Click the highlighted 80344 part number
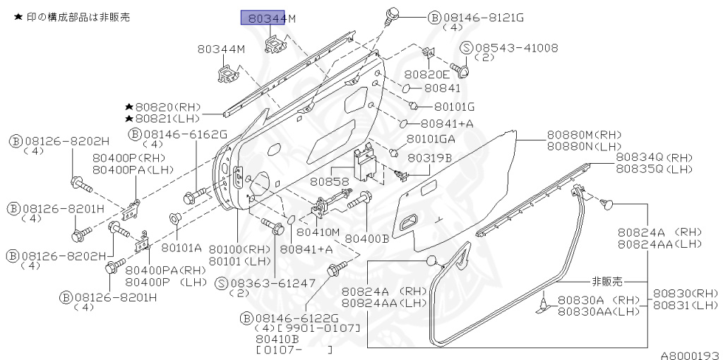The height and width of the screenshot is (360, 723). [x=263, y=19]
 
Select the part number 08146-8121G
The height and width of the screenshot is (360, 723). [x=484, y=18]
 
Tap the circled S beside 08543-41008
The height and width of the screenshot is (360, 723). [x=467, y=48]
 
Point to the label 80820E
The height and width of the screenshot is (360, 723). [x=427, y=75]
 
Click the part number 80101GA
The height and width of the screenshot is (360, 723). [x=431, y=139]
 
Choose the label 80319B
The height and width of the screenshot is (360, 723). [x=429, y=157]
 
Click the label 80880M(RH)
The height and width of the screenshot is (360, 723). [x=584, y=135]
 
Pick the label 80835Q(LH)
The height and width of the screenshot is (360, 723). [x=655, y=169]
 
